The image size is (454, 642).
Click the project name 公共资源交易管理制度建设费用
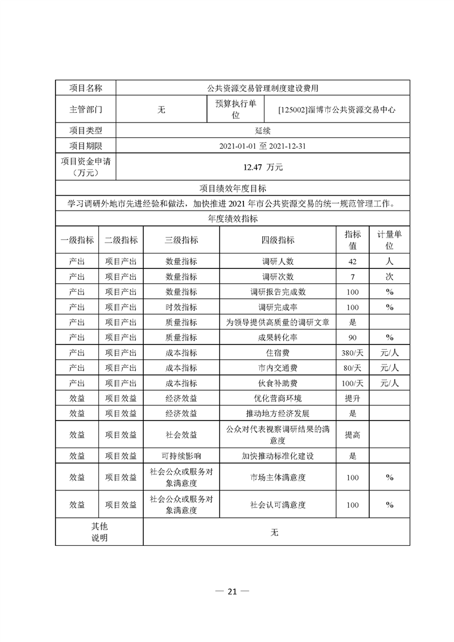[263, 88]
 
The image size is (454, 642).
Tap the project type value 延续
[263, 130]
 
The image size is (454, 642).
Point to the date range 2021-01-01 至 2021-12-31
[263, 146]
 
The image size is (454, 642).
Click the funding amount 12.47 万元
[263, 168]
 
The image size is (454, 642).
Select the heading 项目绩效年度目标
[232, 188]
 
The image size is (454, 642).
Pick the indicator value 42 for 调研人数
[353, 261]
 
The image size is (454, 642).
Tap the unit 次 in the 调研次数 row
[389, 277]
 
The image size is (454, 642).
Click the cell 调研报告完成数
[278, 292]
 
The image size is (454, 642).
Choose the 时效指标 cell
[181, 307]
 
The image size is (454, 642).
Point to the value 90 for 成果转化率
[353, 338]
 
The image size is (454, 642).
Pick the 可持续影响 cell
[181, 456]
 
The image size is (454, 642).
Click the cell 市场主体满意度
[278, 477]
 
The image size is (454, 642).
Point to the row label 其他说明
[99, 532]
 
